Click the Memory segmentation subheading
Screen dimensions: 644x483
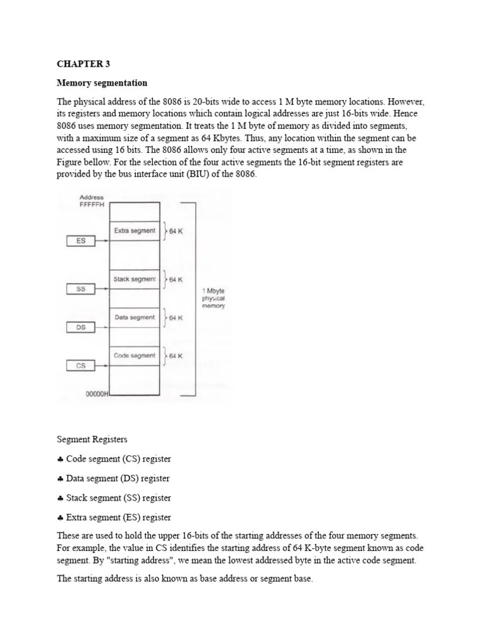pyautogui.click(x=102, y=83)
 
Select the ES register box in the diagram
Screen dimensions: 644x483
pyautogui.click(x=80, y=241)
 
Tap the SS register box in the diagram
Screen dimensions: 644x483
pyautogui.click(x=80, y=289)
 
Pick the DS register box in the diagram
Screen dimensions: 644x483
pyautogui.click(x=80, y=327)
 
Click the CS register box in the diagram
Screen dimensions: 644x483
pyautogui.click(x=80, y=365)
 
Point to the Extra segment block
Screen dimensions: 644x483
pyautogui.click(x=134, y=231)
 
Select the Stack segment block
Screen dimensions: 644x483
pyautogui.click(x=134, y=279)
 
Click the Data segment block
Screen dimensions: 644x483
pyautogui.click(x=134, y=318)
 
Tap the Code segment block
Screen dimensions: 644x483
pyautogui.click(x=134, y=356)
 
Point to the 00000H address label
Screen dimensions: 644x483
pyautogui.click(x=97, y=394)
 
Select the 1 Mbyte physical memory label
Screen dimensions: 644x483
pyautogui.click(x=213, y=298)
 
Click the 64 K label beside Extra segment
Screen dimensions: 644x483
pyautogui.click(x=176, y=231)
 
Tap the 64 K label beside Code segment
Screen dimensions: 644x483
pyautogui.click(x=176, y=356)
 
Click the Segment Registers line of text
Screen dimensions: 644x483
pyautogui.click(x=92, y=440)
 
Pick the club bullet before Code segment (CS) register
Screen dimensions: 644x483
pyautogui.click(x=60, y=459)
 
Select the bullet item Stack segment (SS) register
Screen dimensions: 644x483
pyautogui.click(x=118, y=498)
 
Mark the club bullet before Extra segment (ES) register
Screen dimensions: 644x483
pyautogui.click(x=60, y=518)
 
